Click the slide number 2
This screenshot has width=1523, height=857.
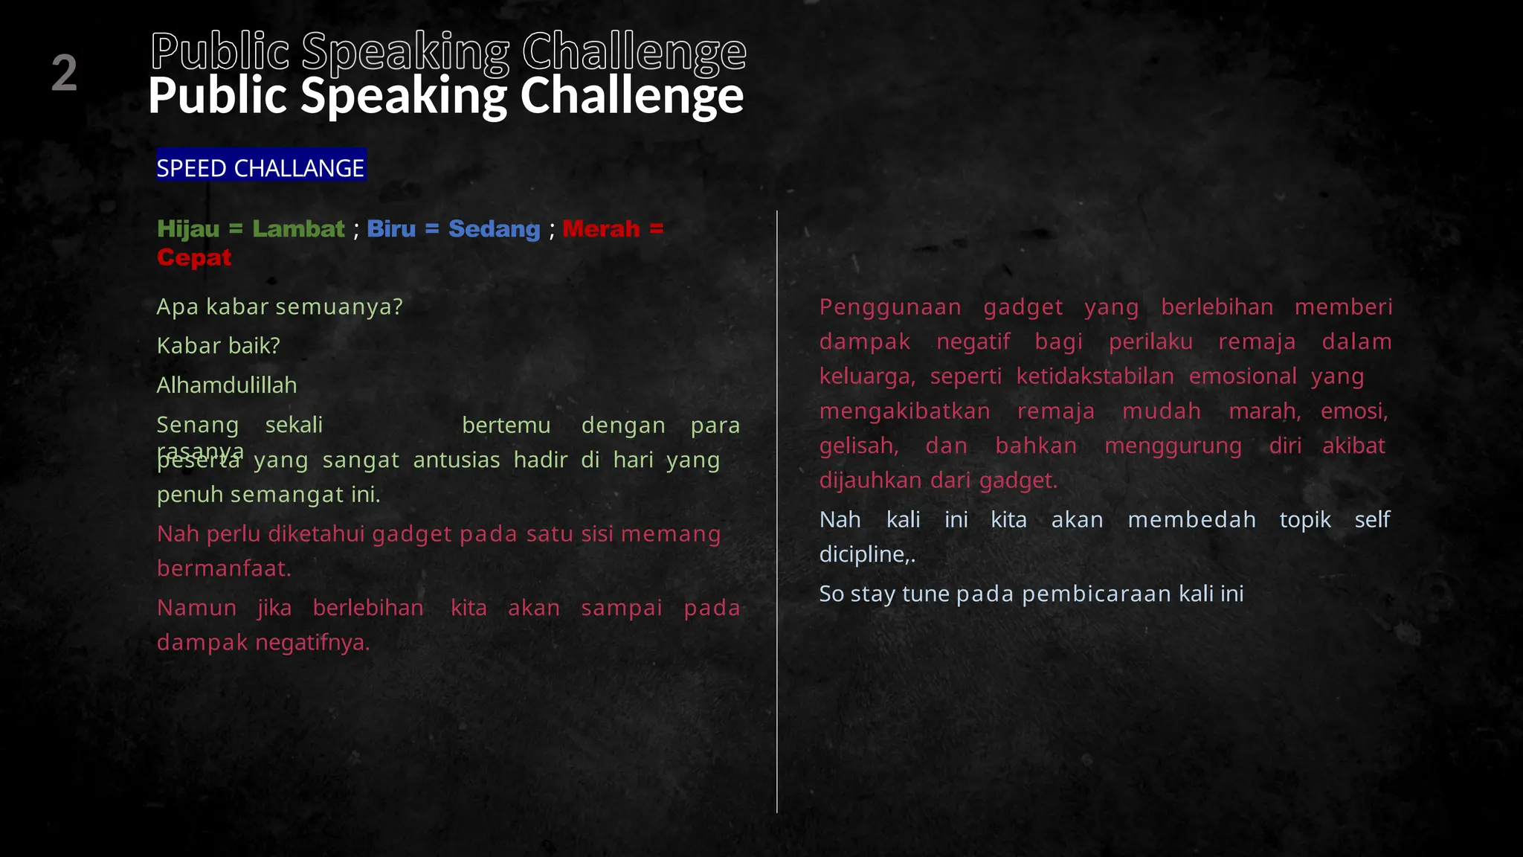64,73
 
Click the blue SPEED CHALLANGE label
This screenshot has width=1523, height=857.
260,167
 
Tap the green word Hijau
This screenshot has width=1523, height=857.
188,228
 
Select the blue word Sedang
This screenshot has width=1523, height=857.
494,229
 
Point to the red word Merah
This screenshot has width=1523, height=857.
601,228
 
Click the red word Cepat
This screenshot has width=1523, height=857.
194,257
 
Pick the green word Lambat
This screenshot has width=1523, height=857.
298,228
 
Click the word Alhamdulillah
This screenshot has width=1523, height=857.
227,385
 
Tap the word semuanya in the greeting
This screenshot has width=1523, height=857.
339,306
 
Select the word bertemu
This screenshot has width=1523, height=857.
506,425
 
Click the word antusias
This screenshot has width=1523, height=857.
457,460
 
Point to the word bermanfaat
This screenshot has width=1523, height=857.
224,568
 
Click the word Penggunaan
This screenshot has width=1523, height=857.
890,306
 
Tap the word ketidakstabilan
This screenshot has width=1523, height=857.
1095,376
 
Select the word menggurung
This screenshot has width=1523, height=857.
1173,446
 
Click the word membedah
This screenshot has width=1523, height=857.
1191,519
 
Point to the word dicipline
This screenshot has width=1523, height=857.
865,554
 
